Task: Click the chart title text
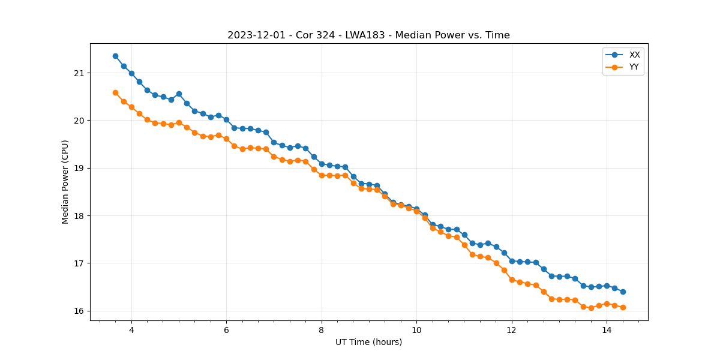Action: click(x=368, y=35)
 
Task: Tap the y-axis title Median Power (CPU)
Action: click(x=65, y=182)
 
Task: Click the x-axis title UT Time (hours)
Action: click(x=368, y=342)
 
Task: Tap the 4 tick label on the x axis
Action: click(x=131, y=329)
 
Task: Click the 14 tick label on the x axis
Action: click(x=607, y=329)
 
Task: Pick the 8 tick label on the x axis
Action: click(x=322, y=329)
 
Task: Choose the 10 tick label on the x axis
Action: click(x=416, y=329)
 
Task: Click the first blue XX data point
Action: click(x=115, y=56)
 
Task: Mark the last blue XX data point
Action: click(x=623, y=292)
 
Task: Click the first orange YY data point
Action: click(x=115, y=92)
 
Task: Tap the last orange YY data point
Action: click(x=623, y=307)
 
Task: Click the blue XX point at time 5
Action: click(x=179, y=94)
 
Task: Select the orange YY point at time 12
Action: click(x=512, y=280)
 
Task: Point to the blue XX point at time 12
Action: click(x=512, y=261)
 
